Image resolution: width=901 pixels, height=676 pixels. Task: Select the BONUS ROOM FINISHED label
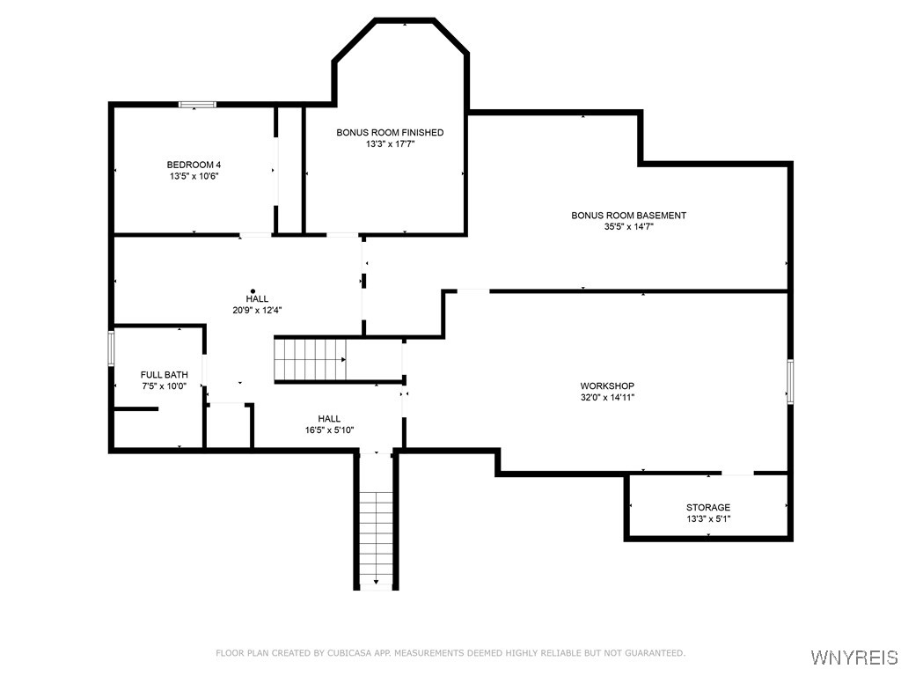point(390,133)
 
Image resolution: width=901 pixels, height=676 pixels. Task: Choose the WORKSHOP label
point(607,386)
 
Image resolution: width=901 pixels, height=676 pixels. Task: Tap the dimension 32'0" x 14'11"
point(607,398)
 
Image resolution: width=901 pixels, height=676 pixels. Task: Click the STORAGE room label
point(708,508)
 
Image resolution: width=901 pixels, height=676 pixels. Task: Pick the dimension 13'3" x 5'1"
point(708,519)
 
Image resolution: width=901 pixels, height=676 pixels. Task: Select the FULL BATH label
point(165,375)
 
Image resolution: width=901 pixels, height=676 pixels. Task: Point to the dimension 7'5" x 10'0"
point(165,386)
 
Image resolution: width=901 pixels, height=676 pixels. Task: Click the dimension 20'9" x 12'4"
point(257,311)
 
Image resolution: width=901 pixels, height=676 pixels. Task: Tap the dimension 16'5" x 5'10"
point(329,430)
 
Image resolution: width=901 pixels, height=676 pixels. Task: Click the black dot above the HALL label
point(253,291)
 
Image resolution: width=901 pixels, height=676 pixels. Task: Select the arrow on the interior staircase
point(343,360)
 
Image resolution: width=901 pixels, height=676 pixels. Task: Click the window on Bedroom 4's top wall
point(197,105)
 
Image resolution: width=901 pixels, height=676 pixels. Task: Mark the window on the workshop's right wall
point(789,382)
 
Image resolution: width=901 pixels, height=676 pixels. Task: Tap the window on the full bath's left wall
point(111,348)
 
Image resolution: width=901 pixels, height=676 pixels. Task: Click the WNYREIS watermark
point(854,658)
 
